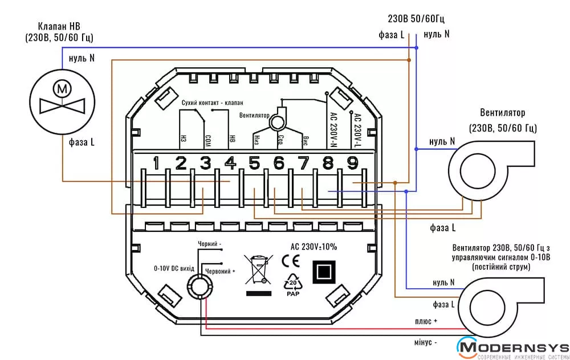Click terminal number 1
pyautogui.click(x=156, y=163)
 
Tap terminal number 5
pyautogui.click(x=254, y=163)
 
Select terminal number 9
pyautogui.click(x=352, y=163)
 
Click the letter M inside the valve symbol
pyautogui.click(x=62, y=89)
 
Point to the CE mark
pyautogui.click(x=291, y=261)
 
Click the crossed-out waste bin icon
pyautogui.click(x=259, y=269)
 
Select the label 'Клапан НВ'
pyautogui.click(x=59, y=26)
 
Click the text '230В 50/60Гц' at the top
pyautogui.click(x=416, y=19)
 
